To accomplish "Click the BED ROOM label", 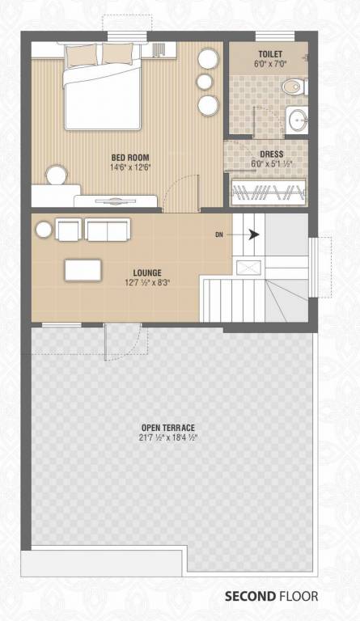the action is pyautogui.click(x=130, y=157).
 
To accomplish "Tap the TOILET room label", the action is pyautogui.click(x=270, y=54).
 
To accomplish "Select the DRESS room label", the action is pyautogui.click(x=272, y=154).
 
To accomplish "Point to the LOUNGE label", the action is pyautogui.click(x=147, y=272).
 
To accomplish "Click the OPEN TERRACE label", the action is pyautogui.click(x=168, y=428).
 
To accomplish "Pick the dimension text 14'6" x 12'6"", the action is pyautogui.click(x=131, y=167).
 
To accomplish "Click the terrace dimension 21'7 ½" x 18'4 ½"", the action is pyautogui.click(x=168, y=437).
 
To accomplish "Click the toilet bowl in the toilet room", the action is pyautogui.click(x=294, y=87).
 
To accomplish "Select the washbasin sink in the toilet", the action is pyautogui.click(x=298, y=119).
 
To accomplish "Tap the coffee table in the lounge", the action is pyautogui.click(x=83, y=270).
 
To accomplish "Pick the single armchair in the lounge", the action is pyautogui.click(x=69, y=230).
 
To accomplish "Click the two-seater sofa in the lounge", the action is pyautogui.click(x=108, y=230).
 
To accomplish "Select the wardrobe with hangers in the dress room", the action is pyautogui.click(x=269, y=192).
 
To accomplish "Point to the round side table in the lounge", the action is pyautogui.click(x=44, y=230).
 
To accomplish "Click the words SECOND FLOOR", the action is pyautogui.click(x=271, y=596).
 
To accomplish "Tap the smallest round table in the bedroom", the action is pyautogui.click(x=205, y=81).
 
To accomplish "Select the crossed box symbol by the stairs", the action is pyautogui.click(x=248, y=268).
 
